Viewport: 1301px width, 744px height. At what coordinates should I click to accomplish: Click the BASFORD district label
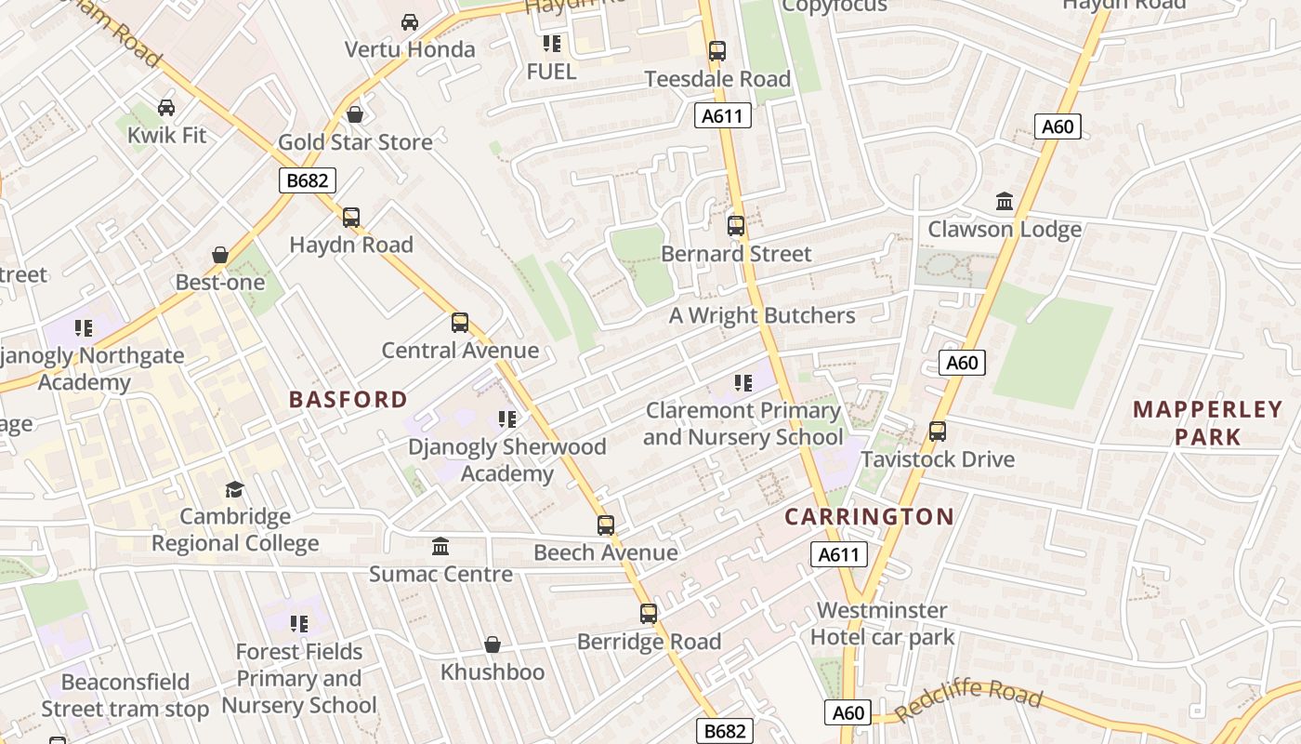[x=348, y=400]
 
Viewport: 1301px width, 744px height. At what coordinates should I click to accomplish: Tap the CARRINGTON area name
[x=869, y=517]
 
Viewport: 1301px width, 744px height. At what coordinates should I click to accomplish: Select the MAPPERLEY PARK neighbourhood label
[x=1207, y=423]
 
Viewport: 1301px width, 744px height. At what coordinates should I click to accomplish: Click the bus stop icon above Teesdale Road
[x=716, y=51]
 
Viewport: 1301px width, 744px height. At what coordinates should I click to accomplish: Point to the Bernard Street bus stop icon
[x=736, y=225]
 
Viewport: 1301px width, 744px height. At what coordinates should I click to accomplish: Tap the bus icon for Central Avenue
[x=460, y=323]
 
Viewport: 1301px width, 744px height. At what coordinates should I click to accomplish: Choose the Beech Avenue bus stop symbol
[x=606, y=525]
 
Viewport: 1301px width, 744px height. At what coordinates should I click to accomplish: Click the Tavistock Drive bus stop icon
[x=938, y=432]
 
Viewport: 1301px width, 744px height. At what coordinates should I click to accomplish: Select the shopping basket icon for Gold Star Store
[x=354, y=114]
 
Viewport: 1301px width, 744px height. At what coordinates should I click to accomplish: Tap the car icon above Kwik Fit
[x=166, y=108]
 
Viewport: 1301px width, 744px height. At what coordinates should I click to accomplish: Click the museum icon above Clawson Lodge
[x=1005, y=202]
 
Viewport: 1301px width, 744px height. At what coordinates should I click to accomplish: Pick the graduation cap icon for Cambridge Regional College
[x=234, y=489]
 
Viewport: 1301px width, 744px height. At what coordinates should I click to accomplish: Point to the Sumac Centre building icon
[x=440, y=547]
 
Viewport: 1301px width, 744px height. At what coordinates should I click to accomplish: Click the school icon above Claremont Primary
[x=742, y=383]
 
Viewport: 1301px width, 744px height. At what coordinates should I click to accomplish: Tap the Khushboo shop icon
[x=493, y=644]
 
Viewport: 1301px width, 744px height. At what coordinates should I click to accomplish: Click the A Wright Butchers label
[x=762, y=316]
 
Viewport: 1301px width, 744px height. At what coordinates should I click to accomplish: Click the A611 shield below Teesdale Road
[x=722, y=115]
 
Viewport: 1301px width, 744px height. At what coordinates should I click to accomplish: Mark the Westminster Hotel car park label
[x=882, y=624]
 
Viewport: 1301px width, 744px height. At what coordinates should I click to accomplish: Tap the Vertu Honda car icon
[x=409, y=21]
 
